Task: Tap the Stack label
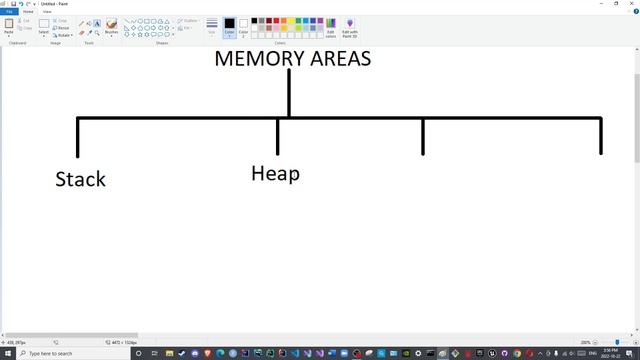point(80,179)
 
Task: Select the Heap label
point(275,173)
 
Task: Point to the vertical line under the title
point(289,92)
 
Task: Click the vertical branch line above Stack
point(78,137)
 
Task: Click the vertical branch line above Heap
point(278,136)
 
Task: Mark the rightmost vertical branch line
point(600,136)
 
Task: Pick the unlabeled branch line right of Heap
point(423,136)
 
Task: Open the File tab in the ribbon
point(8,12)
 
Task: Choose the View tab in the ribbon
point(47,12)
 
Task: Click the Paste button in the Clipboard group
point(9,27)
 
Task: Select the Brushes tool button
point(111,27)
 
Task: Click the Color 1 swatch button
point(229,27)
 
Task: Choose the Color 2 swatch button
point(243,27)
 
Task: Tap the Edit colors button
point(330,27)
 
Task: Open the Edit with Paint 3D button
point(350,27)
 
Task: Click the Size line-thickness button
point(212,27)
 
